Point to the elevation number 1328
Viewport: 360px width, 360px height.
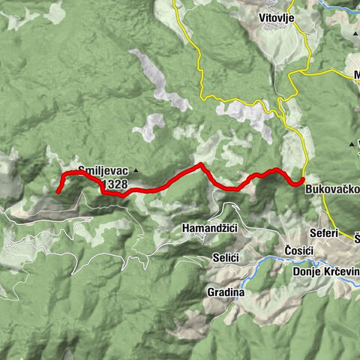115,183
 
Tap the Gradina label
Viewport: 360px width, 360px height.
222,292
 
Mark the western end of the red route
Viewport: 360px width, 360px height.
58,192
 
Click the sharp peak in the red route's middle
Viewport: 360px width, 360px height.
201,164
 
